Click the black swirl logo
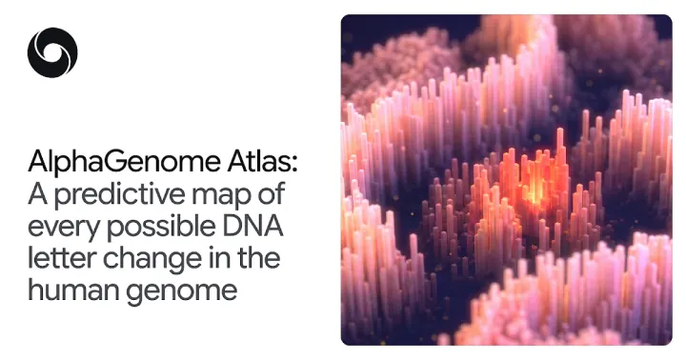point(52,52)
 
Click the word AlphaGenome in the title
point(124,162)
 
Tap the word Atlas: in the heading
point(262,161)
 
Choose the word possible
point(161,226)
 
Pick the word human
point(73,290)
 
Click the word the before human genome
point(258,258)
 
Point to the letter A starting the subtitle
point(37,193)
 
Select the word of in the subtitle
point(272,193)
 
